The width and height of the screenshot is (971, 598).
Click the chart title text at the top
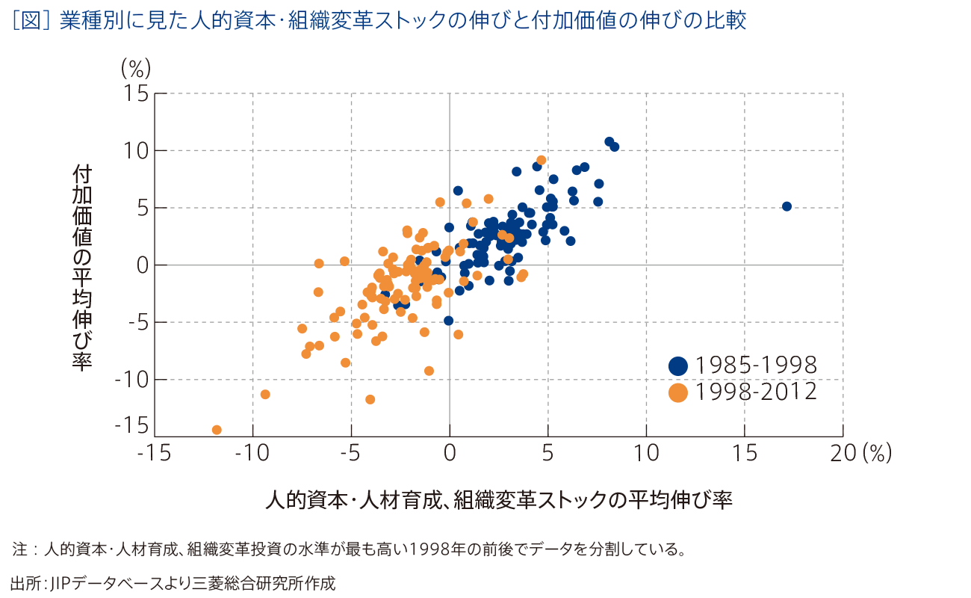[378, 21]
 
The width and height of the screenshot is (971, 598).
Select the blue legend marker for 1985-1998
[678, 366]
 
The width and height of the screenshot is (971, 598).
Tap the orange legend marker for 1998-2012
[678, 392]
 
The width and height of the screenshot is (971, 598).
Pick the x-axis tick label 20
[843, 454]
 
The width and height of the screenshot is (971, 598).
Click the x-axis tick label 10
[646, 454]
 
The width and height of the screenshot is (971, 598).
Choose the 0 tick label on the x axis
[450, 454]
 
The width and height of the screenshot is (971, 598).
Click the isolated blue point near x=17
[787, 206]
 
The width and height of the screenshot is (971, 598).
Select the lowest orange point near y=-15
[217, 430]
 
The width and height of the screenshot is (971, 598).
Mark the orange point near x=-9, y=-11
[264, 394]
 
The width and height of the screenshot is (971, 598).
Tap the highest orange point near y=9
[542, 160]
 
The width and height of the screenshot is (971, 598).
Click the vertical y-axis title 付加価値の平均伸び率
[82, 268]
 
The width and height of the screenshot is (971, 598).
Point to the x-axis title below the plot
[498, 500]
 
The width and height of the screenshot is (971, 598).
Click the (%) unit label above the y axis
[136, 69]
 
